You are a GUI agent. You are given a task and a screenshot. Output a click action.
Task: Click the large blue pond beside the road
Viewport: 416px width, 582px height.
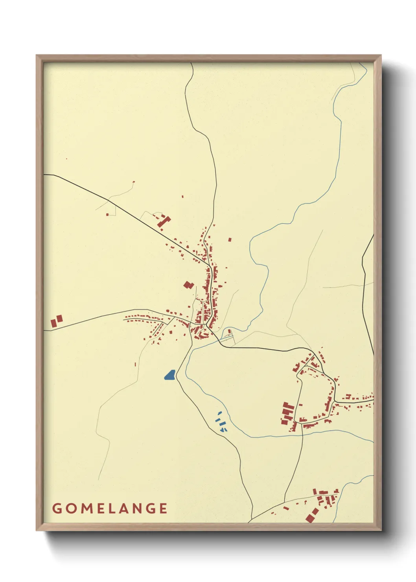pos(170,375)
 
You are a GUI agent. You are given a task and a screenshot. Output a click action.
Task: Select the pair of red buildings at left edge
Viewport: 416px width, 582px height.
pos(56,321)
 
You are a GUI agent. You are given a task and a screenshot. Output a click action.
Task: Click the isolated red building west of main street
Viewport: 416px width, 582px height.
pos(189,285)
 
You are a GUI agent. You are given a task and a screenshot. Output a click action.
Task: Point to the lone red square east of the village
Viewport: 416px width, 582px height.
pos(230,239)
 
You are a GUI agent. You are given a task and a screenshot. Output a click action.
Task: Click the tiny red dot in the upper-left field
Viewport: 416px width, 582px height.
pos(66,159)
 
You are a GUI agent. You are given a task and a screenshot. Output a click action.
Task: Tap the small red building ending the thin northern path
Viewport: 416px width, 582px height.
pos(134,182)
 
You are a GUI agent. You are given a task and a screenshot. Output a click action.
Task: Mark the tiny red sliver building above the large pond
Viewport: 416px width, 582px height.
pos(135,365)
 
